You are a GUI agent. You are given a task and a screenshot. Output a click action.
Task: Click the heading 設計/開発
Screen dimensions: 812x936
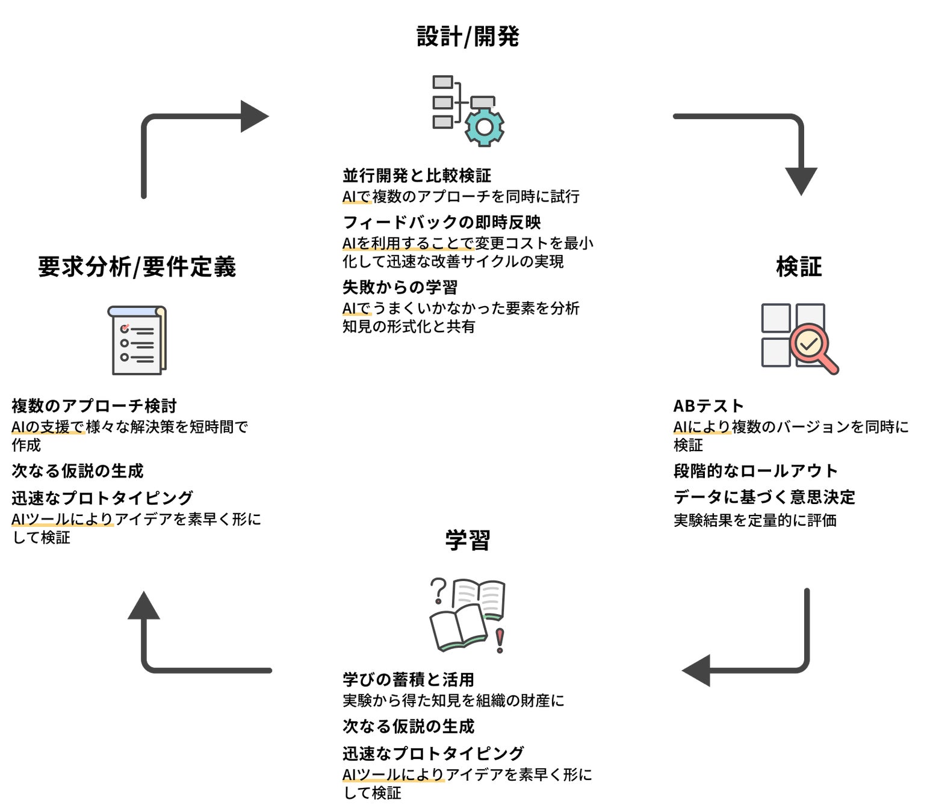(468, 37)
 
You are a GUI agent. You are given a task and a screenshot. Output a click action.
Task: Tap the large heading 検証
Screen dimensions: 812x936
(799, 266)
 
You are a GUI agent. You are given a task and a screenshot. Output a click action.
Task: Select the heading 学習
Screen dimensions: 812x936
(468, 540)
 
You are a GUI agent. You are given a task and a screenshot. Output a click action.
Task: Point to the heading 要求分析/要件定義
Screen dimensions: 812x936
(137, 266)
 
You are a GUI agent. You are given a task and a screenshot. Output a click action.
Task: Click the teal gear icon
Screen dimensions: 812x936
(485, 126)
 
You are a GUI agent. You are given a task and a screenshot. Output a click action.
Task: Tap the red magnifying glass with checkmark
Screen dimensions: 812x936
(812, 347)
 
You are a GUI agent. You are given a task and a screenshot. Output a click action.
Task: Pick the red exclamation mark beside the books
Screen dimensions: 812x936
(500, 640)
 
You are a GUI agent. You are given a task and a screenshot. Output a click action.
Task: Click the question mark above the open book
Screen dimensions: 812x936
(439, 591)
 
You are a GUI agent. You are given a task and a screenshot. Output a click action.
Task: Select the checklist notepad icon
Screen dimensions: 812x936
(137, 340)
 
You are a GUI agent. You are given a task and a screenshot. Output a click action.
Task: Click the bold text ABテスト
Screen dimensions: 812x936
(708, 406)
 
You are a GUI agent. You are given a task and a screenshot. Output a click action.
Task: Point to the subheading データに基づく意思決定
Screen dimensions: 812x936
(764, 497)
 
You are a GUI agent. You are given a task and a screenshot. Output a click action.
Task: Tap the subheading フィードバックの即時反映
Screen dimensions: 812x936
(442, 223)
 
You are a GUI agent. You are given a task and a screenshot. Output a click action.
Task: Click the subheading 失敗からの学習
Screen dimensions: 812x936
(400, 288)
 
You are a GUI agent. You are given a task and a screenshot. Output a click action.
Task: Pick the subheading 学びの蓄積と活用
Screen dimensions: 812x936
(408, 680)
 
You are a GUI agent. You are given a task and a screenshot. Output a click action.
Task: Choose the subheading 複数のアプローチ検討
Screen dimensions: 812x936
(94, 406)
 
